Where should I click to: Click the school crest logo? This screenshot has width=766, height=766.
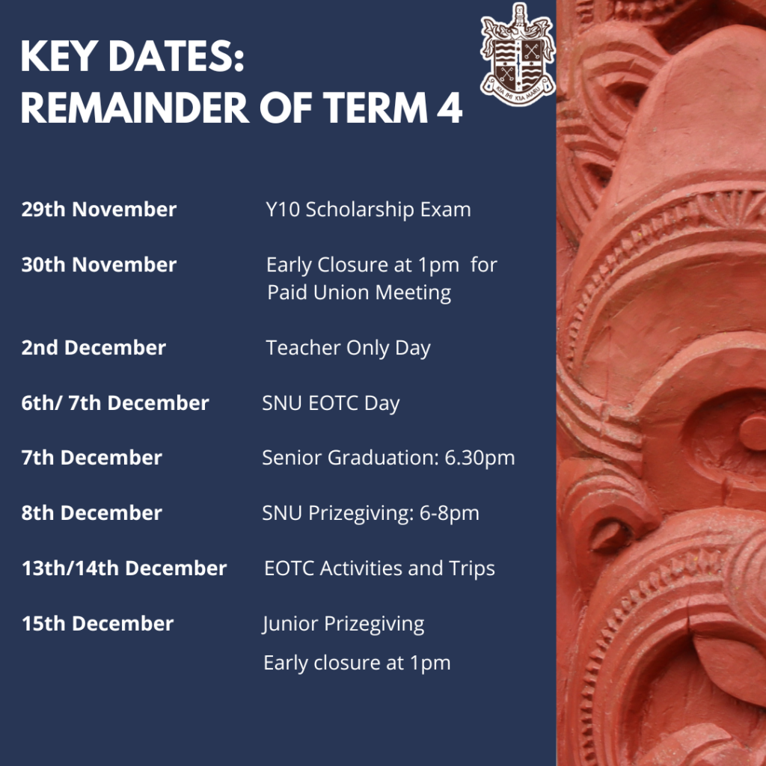(518, 54)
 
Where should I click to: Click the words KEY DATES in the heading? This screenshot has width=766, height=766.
(132, 57)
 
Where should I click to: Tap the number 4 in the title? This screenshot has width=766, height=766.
(450, 108)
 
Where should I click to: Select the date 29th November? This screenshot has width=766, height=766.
(99, 209)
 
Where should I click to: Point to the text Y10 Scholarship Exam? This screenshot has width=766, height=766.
(368, 209)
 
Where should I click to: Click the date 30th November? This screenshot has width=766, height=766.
(99, 264)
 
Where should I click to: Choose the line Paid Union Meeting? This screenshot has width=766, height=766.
(359, 292)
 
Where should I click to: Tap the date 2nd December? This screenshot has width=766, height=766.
(94, 347)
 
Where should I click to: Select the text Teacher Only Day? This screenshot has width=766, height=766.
(349, 348)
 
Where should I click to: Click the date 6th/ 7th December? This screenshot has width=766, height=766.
(115, 402)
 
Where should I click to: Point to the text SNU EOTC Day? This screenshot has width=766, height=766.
(331, 403)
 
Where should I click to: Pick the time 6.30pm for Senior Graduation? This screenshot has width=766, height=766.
(479, 458)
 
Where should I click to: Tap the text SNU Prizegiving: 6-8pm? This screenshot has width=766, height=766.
(371, 513)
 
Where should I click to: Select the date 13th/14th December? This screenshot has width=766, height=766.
(125, 568)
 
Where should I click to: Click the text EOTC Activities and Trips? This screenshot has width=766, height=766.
(379, 569)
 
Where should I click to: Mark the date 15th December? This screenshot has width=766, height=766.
(98, 623)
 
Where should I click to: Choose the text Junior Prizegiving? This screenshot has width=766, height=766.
(343, 624)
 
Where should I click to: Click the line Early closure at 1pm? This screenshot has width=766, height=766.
(357, 663)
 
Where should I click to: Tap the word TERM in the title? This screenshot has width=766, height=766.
(376, 108)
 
